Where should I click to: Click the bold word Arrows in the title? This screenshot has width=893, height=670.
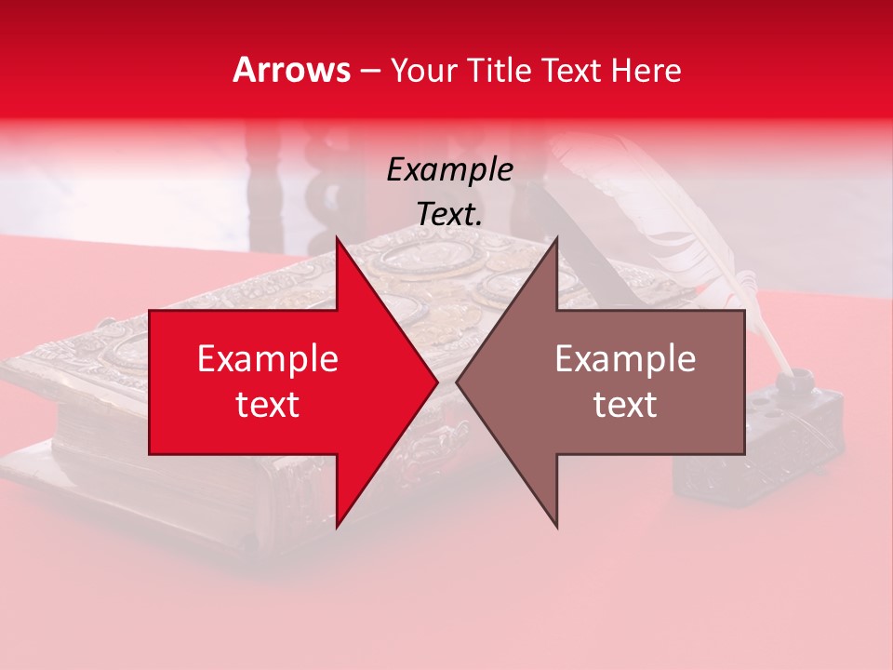click(292, 70)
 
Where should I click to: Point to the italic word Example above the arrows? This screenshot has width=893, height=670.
click(449, 170)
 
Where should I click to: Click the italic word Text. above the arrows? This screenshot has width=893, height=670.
click(449, 215)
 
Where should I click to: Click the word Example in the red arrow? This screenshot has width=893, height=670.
click(268, 359)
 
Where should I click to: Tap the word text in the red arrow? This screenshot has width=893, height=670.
click(268, 405)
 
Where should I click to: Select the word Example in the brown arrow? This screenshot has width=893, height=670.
click(625, 359)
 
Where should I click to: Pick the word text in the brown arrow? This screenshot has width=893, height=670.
click(625, 405)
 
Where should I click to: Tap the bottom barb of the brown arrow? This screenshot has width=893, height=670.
click(555, 521)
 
